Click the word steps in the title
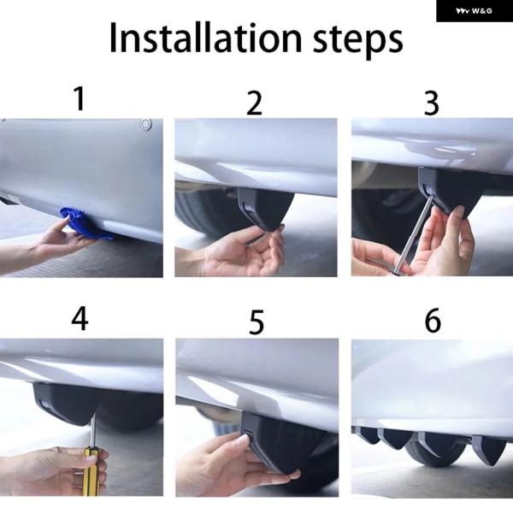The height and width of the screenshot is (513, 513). click(358, 40)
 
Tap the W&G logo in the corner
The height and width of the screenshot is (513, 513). click(474, 11)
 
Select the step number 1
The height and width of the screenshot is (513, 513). click(80, 98)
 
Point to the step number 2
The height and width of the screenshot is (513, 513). click(255, 103)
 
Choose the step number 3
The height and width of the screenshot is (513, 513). click(431, 103)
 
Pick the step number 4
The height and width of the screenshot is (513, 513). click(80, 319)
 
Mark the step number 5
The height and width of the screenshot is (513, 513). click(256, 322)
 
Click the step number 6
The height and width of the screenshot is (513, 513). click(433, 320)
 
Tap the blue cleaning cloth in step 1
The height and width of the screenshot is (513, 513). click(85, 223)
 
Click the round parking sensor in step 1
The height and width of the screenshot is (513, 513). click(145, 124)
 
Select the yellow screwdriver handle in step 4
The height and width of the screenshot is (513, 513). click(90, 470)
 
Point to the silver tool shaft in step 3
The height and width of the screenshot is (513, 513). click(413, 234)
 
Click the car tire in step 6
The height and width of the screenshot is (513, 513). click(436, 450)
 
